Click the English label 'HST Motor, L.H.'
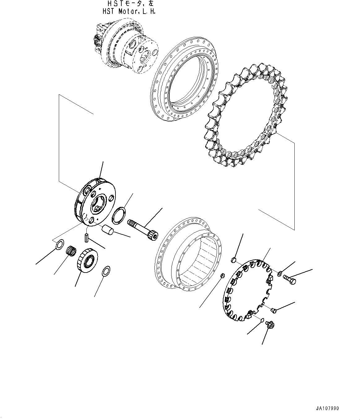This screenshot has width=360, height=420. coord(129,12)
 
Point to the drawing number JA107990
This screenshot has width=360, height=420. coord(327,409)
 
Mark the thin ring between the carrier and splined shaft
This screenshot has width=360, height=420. coord(119,215)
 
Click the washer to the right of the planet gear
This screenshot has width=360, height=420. coord(106,270)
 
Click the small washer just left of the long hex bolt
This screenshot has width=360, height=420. coord(280,273)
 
